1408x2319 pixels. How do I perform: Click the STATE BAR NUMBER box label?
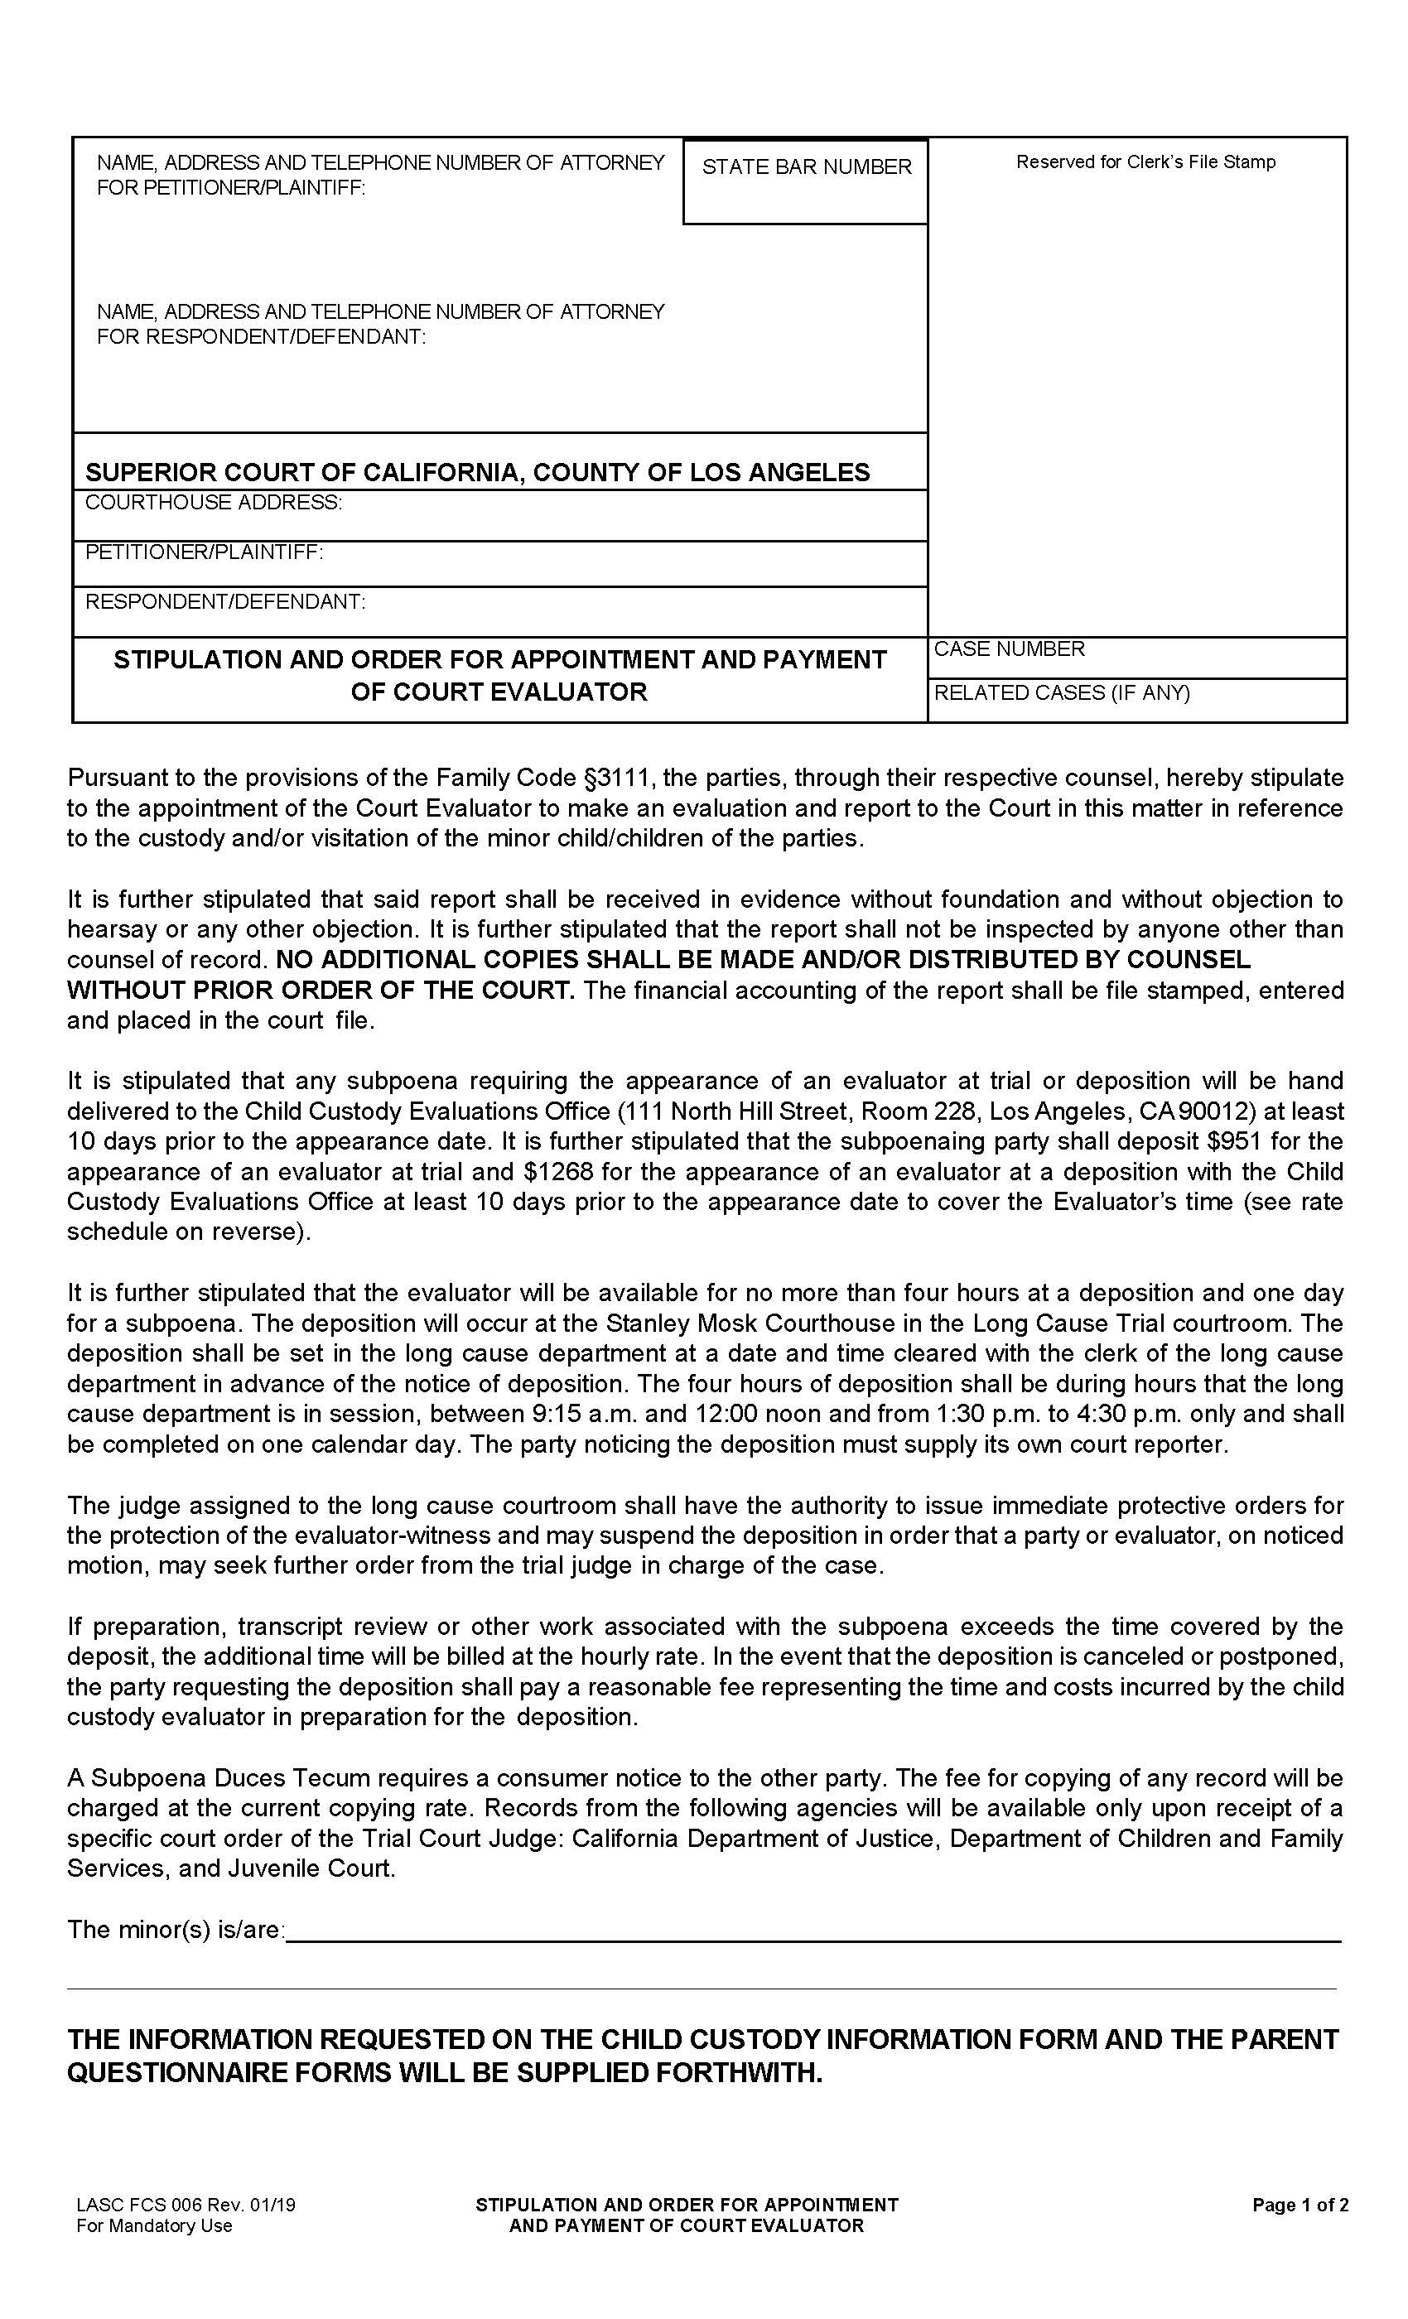point(806,166)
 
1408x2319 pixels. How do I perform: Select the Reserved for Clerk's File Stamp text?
point(1145,162)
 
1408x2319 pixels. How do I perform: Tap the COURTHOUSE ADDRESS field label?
point(214,503)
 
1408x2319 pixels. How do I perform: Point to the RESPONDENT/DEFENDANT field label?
point(225,601)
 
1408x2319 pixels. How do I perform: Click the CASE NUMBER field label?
point(1008,649)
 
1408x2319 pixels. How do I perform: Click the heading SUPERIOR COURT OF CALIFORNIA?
point(477,472)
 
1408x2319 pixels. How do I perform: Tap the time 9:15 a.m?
point(573,1414)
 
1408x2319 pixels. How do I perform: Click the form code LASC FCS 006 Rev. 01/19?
point(186,2205)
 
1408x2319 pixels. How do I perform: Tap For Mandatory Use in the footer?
point(153,2226)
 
